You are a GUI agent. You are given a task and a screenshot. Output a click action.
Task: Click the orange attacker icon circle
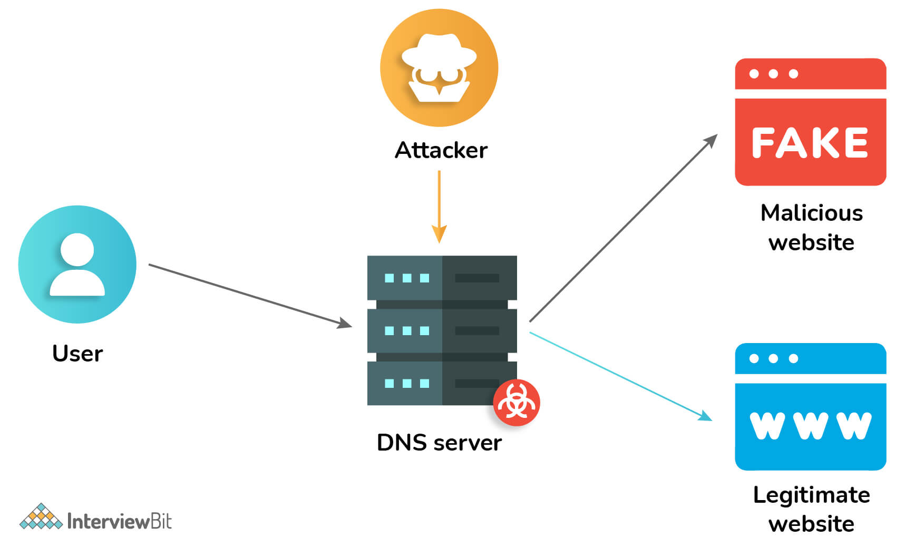tap(439, 67)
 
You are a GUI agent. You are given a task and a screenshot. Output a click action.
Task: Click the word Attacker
tap(441, 150)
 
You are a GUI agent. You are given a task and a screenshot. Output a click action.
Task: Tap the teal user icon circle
tap(77, 264)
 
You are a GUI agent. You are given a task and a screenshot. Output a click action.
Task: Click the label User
tap(77, 354)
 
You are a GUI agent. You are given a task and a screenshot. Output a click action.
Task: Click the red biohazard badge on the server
tap(516, 403)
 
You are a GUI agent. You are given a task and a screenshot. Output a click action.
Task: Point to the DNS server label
tap(439, 443)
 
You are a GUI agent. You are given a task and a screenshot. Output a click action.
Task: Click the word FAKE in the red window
tap(810, 143)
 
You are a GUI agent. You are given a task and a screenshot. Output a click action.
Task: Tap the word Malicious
tap(811, 213)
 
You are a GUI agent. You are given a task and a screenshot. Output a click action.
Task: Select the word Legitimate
tap(811, 495)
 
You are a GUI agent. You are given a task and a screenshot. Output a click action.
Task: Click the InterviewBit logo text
tap(119, 521)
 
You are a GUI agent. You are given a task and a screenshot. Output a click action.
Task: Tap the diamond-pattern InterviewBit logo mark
tap(41, 517)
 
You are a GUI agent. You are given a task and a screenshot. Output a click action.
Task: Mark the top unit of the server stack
tap(442, 278)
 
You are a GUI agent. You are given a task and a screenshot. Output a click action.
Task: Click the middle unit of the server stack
tap(442, 330)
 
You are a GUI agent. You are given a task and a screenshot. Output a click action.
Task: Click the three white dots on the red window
tap(773, 74)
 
